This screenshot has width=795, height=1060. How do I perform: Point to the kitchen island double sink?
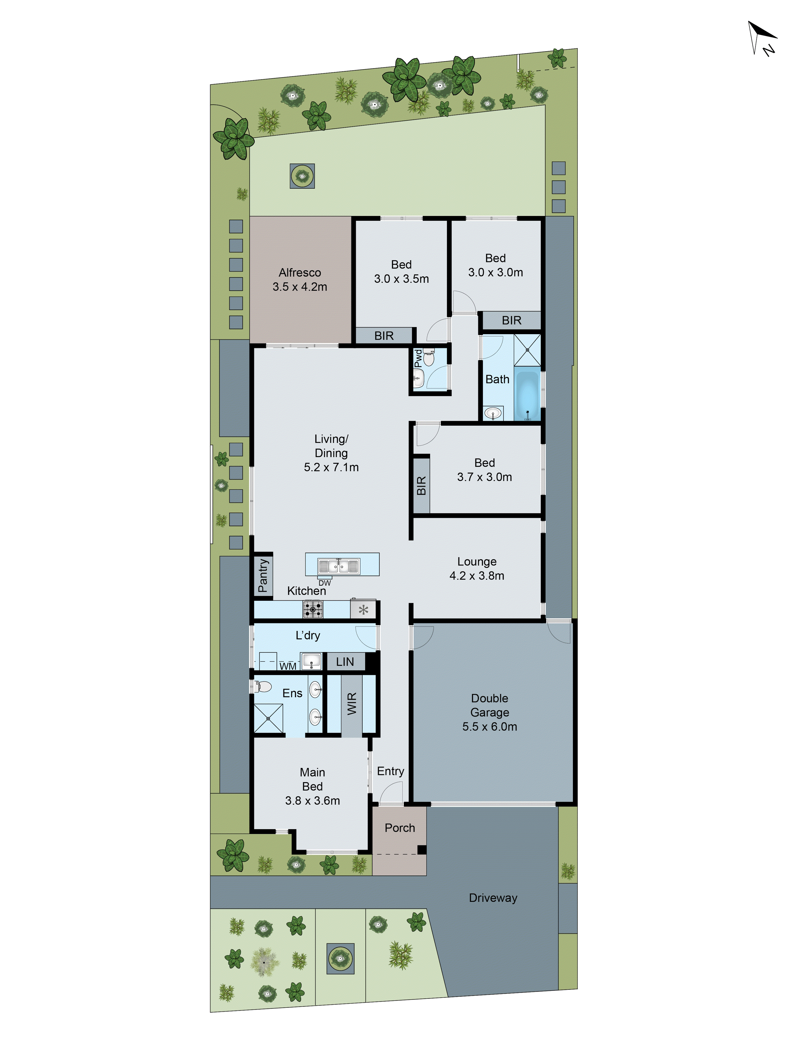pos(338,566)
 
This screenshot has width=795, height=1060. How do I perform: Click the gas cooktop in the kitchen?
pos(312,609)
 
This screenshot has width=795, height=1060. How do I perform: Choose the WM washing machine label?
pos(288,666)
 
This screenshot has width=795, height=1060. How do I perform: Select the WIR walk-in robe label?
pos(352,704)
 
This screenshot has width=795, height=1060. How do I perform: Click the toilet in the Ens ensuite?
pos(262,687)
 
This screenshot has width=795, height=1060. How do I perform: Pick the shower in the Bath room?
pos(527,350)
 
